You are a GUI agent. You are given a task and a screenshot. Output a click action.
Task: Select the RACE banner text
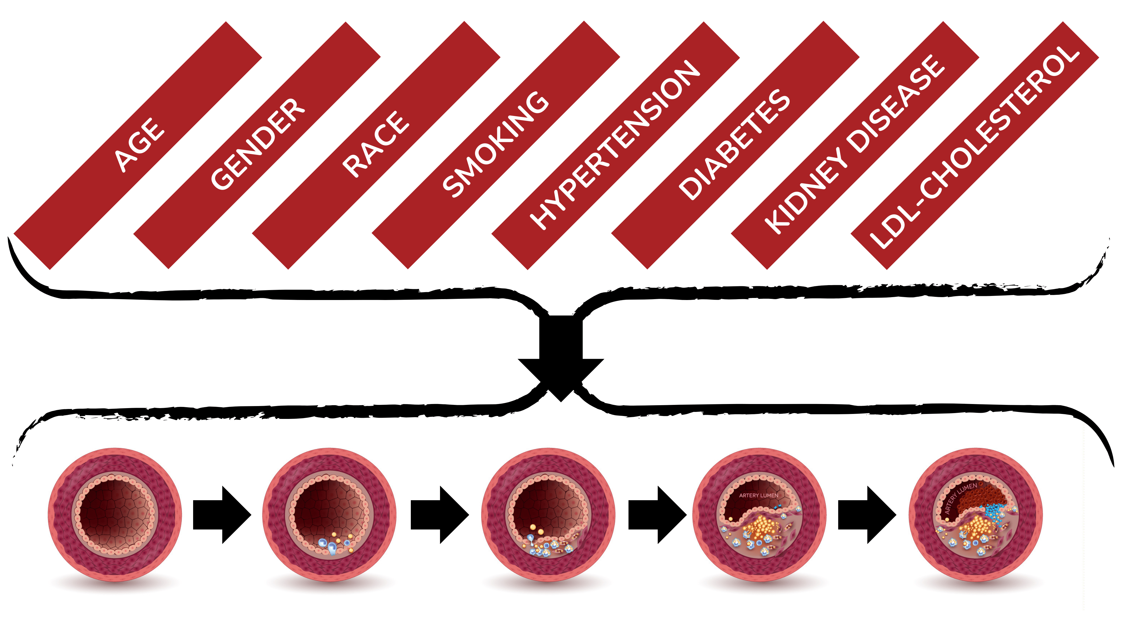pyautogui.click(x=375, y=144)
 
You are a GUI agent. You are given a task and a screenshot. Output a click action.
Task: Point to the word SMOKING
pyautogui.click(x=496, y=144)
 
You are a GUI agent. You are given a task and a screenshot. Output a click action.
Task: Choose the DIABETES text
pyautogui.click(x=734, y=144)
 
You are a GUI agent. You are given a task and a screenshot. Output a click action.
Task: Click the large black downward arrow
pyautogui.click(x=561, y=357)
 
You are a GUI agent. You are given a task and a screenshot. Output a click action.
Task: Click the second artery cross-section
pyautogui.click(x=329, y=515)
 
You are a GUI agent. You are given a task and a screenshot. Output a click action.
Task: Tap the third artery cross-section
pyautogui.click(x=548, y=515)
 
